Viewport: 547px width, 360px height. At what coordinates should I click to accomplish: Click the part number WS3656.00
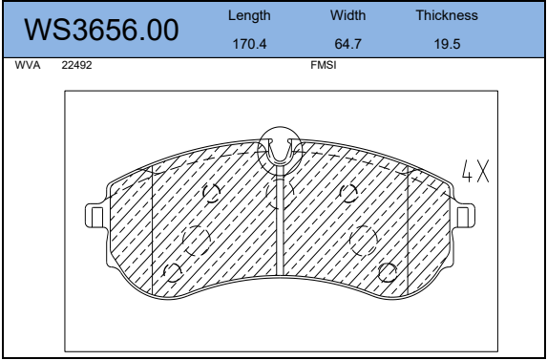click(x=101, y=31)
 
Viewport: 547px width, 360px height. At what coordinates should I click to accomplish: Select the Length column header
click(x=249, y=15)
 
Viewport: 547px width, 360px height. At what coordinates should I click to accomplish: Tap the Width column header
click(x=347, y=15)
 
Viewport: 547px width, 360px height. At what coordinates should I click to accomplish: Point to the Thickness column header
click(x=447, y=15)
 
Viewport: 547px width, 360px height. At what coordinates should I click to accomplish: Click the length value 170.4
click(x=249, y=44)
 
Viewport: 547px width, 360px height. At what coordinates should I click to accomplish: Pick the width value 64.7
click(x=347, y=44)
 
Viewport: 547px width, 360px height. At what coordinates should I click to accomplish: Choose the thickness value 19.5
click(x=447, y=44)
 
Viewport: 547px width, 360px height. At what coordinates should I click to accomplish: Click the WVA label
click(x=28, y=65)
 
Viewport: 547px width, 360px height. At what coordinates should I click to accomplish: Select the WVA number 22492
click(x=76, y=65)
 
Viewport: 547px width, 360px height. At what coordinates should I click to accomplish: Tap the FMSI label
click(x=324, y=65)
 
